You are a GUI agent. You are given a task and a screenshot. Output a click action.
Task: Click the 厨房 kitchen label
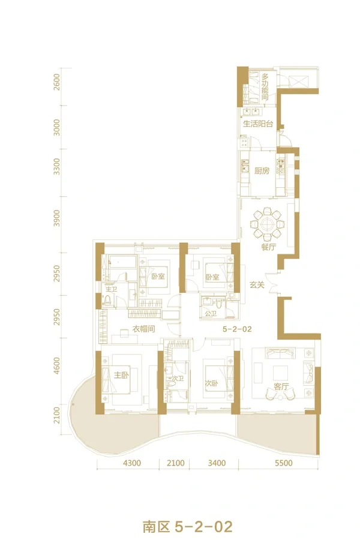262,170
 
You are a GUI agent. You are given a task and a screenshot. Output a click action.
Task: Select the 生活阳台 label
258,124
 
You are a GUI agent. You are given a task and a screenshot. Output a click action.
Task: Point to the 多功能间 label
265,86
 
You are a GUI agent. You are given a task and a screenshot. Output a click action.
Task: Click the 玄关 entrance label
257,285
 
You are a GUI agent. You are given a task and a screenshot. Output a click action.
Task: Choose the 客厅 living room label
281,387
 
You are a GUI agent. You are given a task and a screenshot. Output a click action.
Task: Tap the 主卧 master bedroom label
121,375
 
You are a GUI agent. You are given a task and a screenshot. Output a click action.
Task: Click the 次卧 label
212,383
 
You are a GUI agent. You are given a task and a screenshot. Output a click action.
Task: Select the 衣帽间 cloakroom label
143,329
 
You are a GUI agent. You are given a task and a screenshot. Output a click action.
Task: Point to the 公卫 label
211,314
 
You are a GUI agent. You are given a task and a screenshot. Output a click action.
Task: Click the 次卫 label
178,379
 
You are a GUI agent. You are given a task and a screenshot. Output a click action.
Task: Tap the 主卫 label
111,289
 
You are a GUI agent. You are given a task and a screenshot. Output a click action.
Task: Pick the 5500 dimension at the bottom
284,463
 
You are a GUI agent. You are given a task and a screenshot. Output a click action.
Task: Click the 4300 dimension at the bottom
132,463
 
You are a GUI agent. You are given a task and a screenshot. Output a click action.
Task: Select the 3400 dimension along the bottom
217,463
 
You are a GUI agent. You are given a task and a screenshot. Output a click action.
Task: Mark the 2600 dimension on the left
57,82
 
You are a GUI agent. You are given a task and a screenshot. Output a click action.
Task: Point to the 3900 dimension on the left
57,218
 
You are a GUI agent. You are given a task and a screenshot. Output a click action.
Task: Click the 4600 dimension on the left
57,366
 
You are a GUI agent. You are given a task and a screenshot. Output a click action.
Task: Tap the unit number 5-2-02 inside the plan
237,329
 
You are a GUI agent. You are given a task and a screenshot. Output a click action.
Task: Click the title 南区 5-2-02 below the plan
188,527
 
